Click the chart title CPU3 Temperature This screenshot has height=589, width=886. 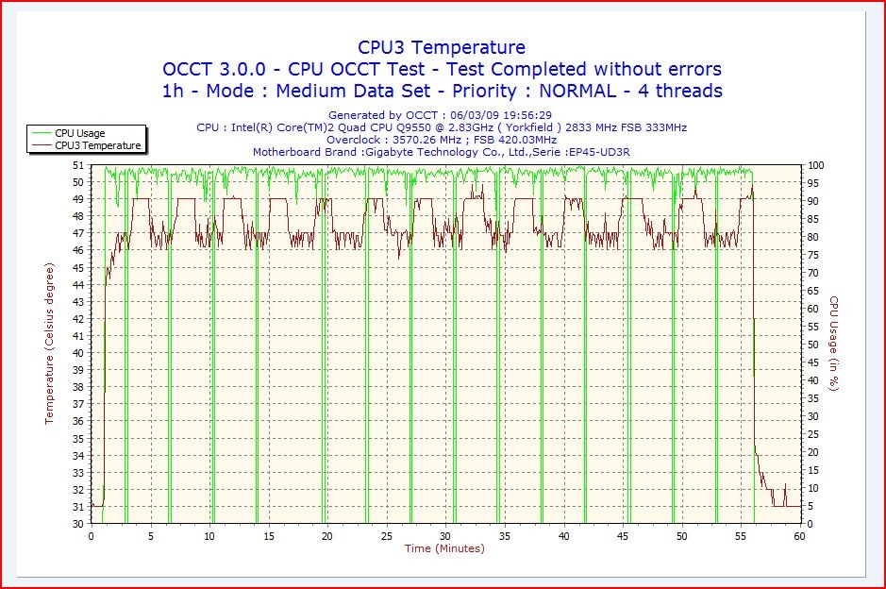[x=442, y=47]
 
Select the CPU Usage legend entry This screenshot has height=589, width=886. [x=79, y=133]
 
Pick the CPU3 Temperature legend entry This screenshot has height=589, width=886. [x=97, y=145]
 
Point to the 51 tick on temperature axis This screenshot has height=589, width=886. [x=79, y=165]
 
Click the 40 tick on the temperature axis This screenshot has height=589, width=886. [x=79, y=353]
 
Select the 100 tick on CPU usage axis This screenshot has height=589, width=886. [x=815, y=165]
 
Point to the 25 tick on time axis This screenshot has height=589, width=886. [x=387, y=536]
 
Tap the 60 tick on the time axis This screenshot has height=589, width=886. [x=800, y=536]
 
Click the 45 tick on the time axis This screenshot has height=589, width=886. [x=623, y=536]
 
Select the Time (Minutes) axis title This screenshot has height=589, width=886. [x=444, y=548]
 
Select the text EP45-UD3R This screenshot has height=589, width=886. [x=600, y=151]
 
